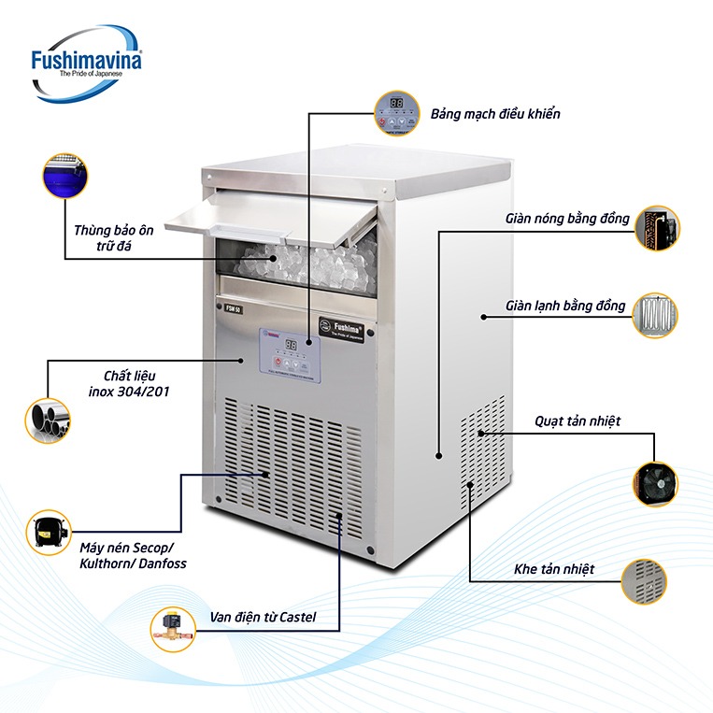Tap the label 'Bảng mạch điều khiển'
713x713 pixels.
coord(495,114)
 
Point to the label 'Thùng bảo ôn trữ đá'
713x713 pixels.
coord(114,239)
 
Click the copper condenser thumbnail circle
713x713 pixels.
coord(657,228)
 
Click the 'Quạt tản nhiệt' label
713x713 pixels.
coord(577,421)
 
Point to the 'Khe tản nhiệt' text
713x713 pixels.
coord(554,568)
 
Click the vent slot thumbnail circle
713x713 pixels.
coord(644,582)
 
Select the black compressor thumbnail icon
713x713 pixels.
coord(49,534)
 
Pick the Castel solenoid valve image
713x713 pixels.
coord(173,628)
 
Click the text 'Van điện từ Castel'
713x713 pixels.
coord(262,618)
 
